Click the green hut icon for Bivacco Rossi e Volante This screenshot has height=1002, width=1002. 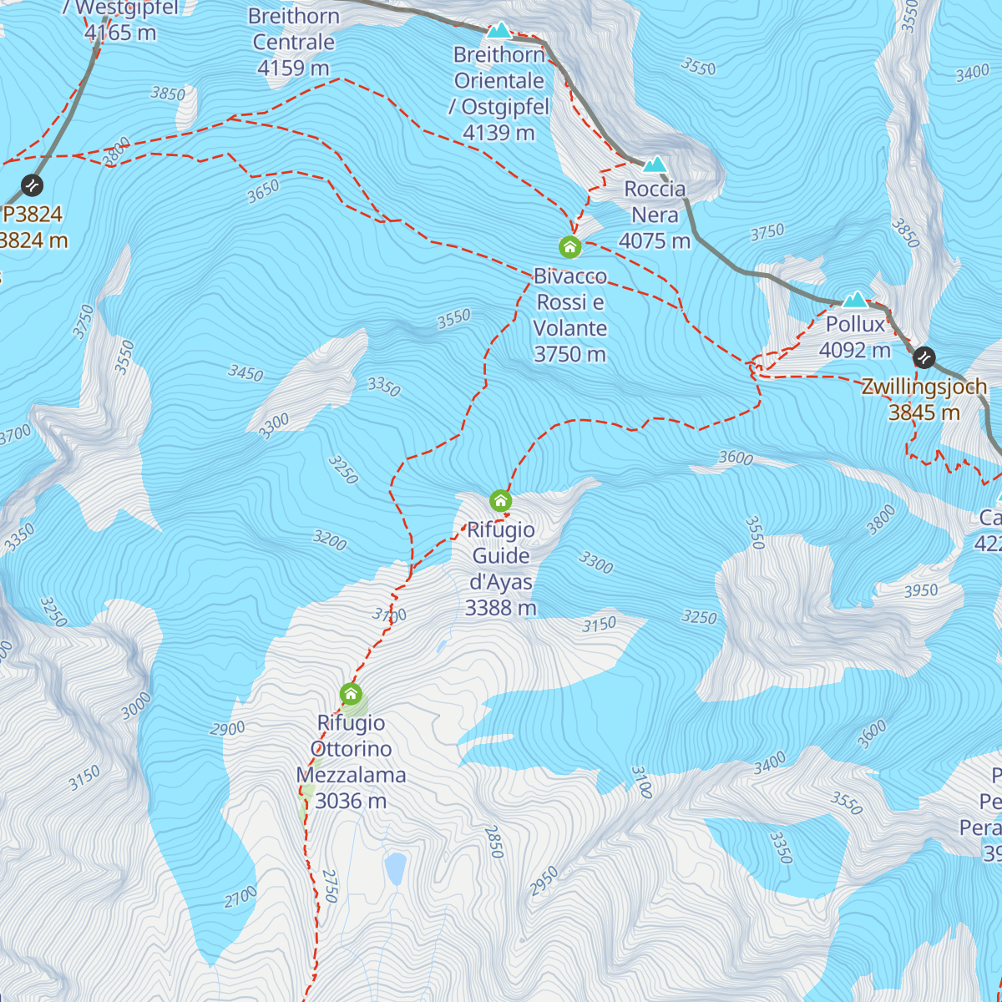pos(569,246)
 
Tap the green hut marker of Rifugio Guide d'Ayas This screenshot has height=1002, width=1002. pos(500,500)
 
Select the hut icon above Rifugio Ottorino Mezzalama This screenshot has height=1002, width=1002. pos(351,694)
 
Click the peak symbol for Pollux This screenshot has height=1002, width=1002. pos(855,300)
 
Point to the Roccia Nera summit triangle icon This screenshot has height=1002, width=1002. pos(655,164)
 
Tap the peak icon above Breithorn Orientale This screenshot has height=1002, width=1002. pos(498,31)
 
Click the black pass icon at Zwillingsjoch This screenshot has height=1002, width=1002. pos(924,357)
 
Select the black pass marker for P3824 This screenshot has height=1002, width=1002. pos(32,184)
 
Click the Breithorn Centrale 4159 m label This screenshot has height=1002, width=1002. pos(293,42)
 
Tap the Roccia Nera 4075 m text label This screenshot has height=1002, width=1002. pos(655,215)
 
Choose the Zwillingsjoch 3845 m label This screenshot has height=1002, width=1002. pos(924,399)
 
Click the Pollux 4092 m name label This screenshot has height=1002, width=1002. pos(855,337)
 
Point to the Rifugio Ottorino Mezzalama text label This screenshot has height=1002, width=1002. pos(351,762)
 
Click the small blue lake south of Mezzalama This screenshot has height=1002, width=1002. pos(395,868)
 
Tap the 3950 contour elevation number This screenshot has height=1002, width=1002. pos(921,591)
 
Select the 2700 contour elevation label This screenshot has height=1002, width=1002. pos(240,898)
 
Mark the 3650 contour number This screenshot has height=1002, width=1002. pos(263,192)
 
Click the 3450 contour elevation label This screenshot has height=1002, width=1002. pos(245,372)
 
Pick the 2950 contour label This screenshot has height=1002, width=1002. pos(544,882)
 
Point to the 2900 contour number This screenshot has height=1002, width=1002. pos(227,729)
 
